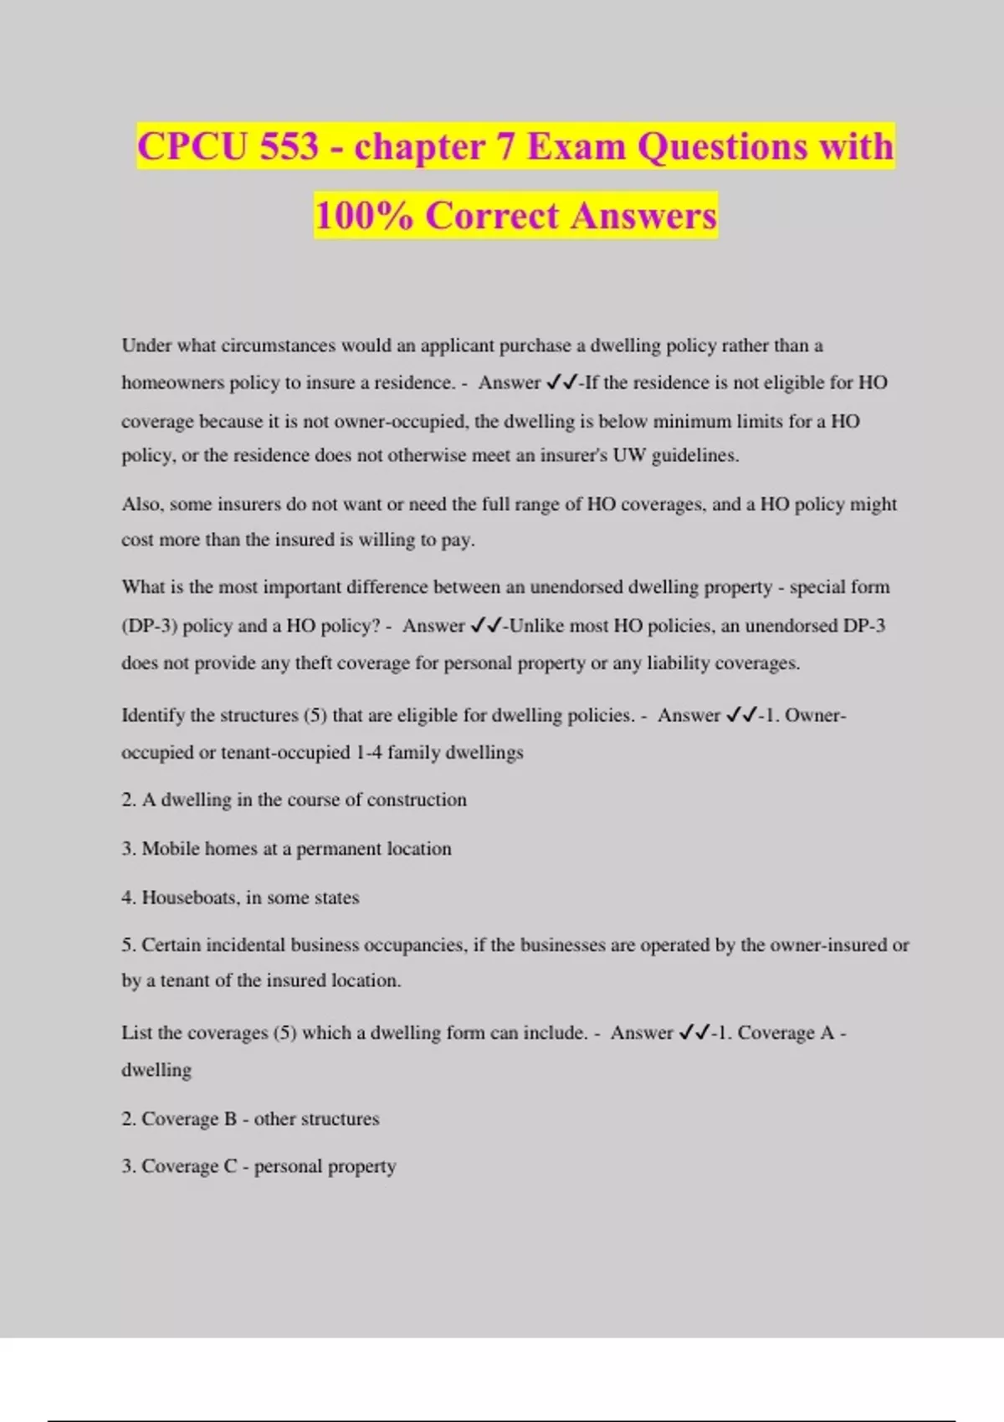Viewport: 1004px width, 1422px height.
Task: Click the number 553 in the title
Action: tap(289, 147)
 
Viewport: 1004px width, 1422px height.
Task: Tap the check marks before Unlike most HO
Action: tap(486, 626)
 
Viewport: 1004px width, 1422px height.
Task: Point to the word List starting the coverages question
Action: tap(136, 1033)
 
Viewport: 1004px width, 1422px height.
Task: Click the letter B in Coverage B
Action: tap(230, 1119)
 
